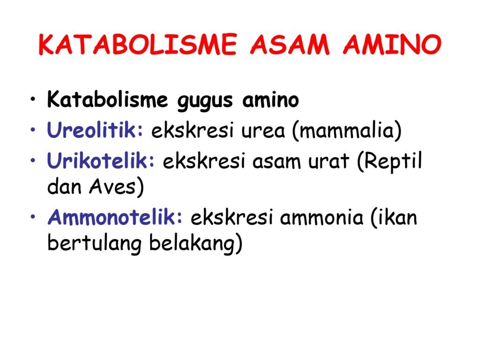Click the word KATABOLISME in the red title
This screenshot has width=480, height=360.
[x=137, y=45]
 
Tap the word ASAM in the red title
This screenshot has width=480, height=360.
[x=290, y=45]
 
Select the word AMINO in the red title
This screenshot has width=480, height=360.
[x=392, y=45]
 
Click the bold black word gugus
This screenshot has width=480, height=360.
[x=205, y=101]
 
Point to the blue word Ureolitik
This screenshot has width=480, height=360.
[x=95, y=130]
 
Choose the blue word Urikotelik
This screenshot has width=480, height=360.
[x=101, y=160]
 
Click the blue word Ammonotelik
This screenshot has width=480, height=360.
[x=115, y=217]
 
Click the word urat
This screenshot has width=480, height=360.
[x=329, y=161]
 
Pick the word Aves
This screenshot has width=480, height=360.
[x=112, y=186]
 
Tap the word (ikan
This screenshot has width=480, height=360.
[x=394, y=217]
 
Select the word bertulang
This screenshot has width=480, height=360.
[x=95, y=244]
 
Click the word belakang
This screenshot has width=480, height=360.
[x=192, y=244]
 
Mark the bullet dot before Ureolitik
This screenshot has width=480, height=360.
[x=33, y=130]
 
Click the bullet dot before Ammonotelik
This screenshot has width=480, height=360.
[x=33, y=217]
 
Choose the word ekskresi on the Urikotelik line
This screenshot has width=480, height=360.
[x=204, y=161]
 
